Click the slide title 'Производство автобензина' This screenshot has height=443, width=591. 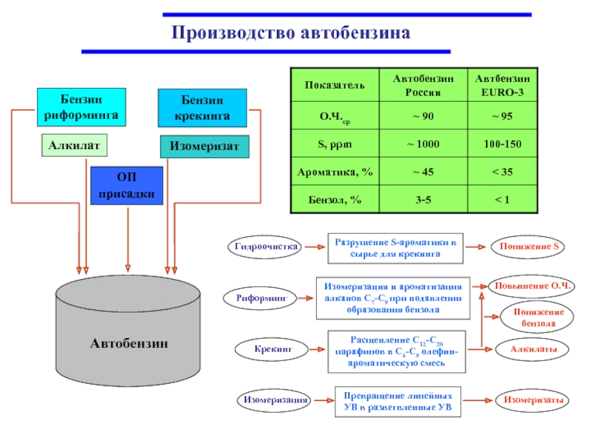(290, 33)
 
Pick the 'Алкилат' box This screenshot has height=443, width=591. (74, 145)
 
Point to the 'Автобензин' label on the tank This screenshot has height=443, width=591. (129, 343)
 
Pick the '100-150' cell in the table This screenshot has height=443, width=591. (502, 143)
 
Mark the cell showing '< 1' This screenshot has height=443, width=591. (502, 200)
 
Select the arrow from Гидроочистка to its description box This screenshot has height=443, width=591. (313, 247)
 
